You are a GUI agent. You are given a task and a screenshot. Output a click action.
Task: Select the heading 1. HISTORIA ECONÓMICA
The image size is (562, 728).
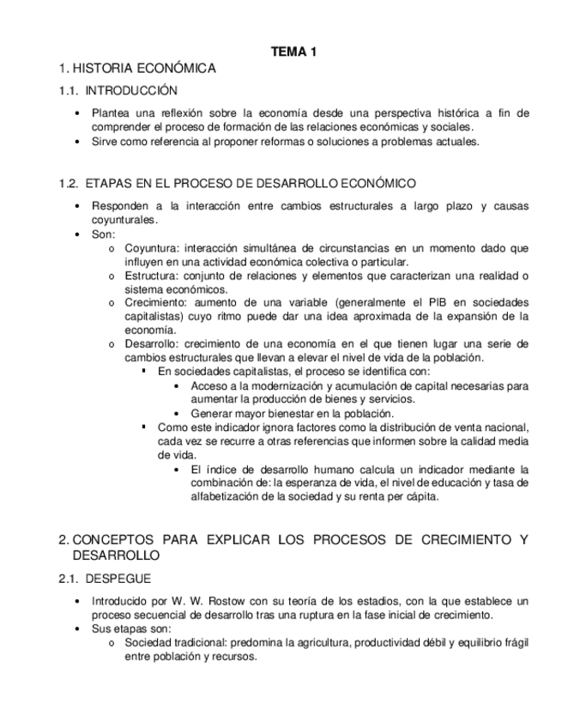pos(136,68)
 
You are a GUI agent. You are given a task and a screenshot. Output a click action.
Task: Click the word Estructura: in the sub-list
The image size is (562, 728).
pos(152,276)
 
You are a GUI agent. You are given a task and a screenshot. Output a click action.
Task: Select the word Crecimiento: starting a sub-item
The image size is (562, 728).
pos(156,303)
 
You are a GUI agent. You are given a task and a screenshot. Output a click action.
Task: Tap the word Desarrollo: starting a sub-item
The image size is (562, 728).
pos(153,343)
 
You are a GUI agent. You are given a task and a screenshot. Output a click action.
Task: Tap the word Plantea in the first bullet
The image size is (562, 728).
pos(111,113)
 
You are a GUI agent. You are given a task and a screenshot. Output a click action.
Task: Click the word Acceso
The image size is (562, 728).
pos(208,385)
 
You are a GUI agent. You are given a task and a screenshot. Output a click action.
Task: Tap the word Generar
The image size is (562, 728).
pos(212,413)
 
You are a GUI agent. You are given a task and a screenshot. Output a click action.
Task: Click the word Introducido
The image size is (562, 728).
pos(121,602)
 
